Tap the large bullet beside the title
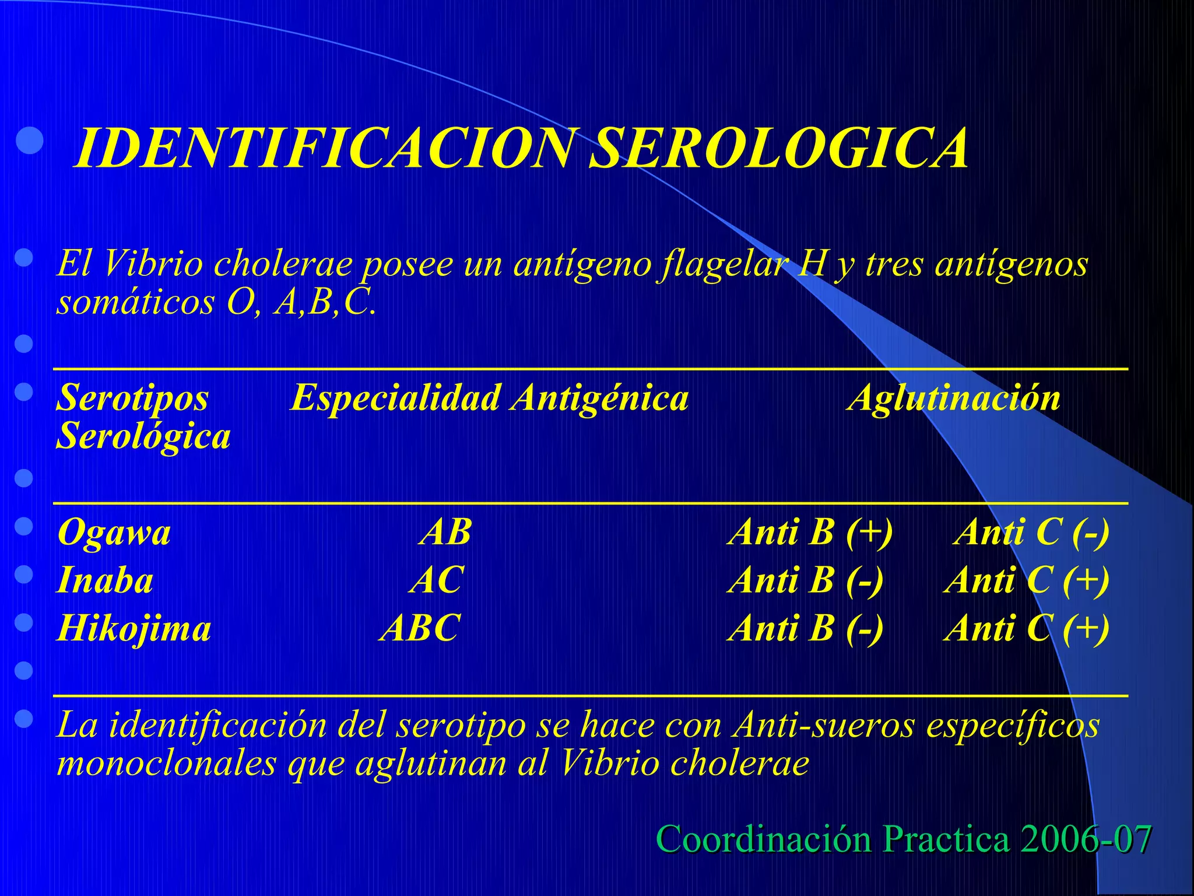tap(29, 141)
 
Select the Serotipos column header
tap(132, 398)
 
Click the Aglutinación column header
tap(954, 398)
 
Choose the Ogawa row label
tap(114, 533)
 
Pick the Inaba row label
tap(106, 581)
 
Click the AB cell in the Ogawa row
tap(446, 533)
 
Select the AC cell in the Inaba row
tap(437, 581)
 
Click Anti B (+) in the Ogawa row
tap(810, 533)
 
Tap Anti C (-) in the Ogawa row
tap(1031, 533)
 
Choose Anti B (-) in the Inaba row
tap(806, 581)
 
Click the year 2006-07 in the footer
tap(1086, 839)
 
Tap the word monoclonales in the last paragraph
tap(166, 763)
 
